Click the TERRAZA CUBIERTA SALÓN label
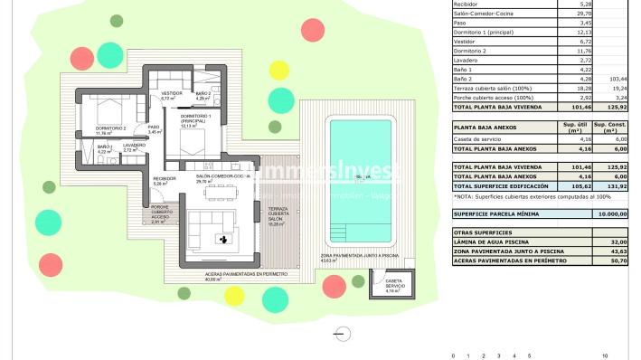[x=277, y=216]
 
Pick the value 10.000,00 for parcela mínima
[x=610, y=214]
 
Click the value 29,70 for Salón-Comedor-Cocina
[x=583, y=14]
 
